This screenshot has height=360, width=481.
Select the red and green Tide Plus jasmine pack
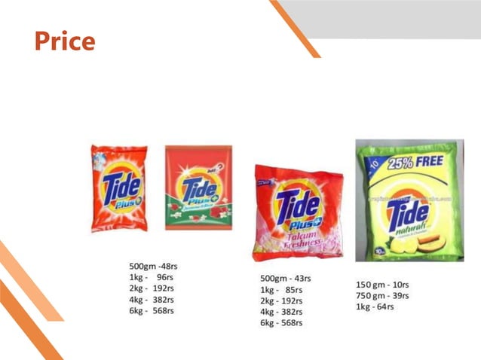point(198,188)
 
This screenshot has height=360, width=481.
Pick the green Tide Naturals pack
point(409,200)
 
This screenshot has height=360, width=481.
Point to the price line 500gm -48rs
point(154,266)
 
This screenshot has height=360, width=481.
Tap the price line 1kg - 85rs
point(281,290)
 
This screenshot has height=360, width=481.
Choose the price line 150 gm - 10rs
point(381,284)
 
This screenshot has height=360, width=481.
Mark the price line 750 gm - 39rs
point(381,294)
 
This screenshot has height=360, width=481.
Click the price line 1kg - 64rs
point(375,306)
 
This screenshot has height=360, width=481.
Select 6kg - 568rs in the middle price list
point(282,323)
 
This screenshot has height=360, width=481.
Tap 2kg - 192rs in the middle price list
point(282,301)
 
